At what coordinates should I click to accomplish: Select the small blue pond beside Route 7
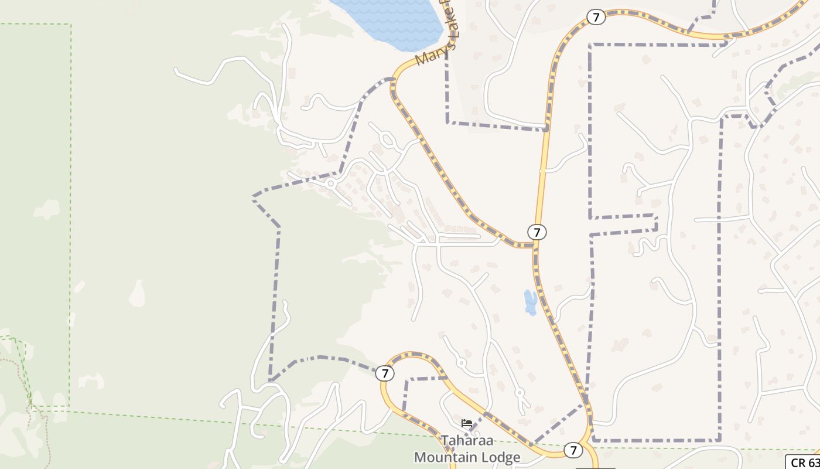click(531, 302)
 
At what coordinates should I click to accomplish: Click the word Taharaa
click(466, 440)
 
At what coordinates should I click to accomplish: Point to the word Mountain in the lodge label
click(449, 457)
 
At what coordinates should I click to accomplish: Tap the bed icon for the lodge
click(466, 423)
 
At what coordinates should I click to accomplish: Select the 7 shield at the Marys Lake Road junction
click(537, 232)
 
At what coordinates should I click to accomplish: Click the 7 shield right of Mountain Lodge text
click(573, 450)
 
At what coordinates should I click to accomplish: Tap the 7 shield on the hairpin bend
click(384, 373)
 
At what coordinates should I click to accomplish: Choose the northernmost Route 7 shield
click(596, 17)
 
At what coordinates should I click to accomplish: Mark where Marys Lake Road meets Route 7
click(534, 244)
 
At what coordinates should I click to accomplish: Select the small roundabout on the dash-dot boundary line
click(330, 184)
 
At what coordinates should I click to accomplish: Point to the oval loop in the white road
click(387, 140)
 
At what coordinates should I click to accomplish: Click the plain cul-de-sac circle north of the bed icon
click(462, 363)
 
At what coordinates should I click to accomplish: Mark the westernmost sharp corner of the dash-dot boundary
click(254, 197)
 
